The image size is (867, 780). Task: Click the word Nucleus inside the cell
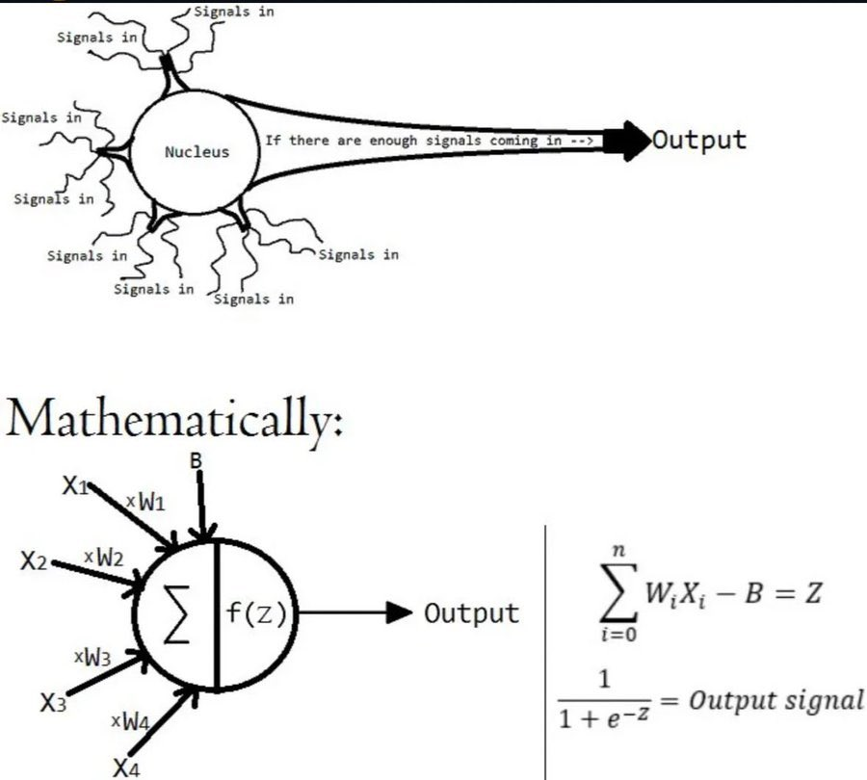point(197,152)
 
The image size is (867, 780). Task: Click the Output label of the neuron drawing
point(699,140)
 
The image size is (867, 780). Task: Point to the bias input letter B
point(197,461)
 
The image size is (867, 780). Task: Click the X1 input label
point(76,486)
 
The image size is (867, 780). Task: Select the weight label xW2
point(104,556)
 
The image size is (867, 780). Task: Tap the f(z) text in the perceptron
point(256,614)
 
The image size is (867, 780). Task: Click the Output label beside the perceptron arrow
point(472,613)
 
